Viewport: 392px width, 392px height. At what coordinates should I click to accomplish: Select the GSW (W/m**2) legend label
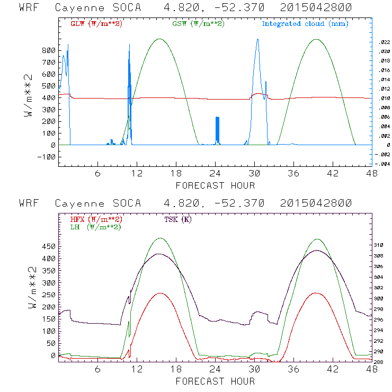tap(198, 24)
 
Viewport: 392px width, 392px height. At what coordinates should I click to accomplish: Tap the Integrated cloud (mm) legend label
tap(305, 24)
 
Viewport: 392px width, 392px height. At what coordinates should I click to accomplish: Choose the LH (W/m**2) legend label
tap(96, 227)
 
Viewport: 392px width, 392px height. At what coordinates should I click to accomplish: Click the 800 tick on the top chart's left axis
tap(48, 50)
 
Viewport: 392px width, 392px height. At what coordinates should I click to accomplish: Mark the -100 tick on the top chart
tap(47, 157)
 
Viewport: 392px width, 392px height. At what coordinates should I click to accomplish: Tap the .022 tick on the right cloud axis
tap(384, 42)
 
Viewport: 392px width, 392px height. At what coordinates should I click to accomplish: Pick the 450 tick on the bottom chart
tap(48, 246)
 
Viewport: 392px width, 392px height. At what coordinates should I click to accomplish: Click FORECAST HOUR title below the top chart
tap(215, 185)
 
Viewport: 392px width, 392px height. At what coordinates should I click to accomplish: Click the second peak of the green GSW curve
tap(316, 39)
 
